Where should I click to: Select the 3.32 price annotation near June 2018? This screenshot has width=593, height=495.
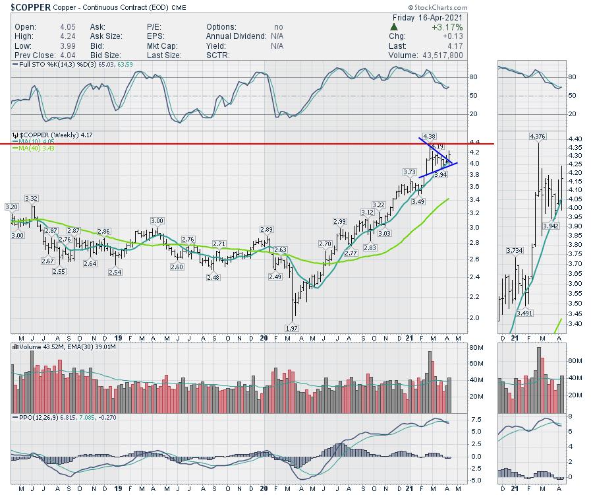32,198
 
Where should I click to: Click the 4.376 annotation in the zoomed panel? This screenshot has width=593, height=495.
537,136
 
